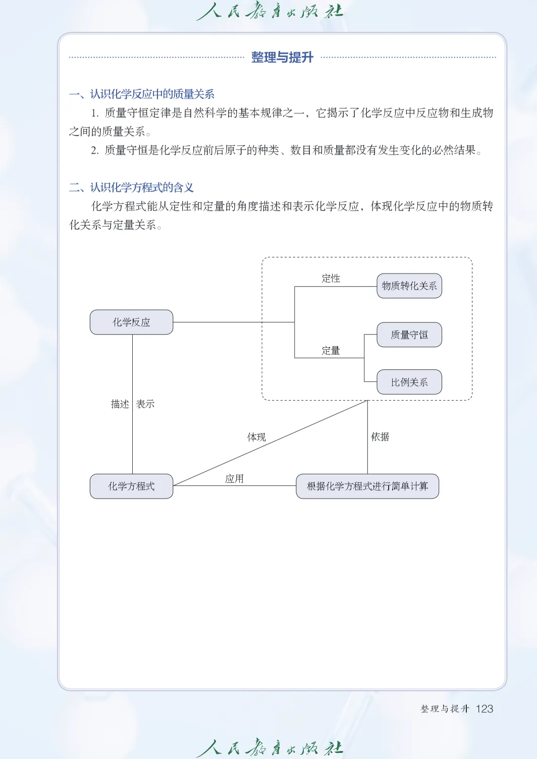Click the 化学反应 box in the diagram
[131, 322]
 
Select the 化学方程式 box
[131, 486]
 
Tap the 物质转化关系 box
[409, 286]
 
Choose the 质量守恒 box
[409, 335]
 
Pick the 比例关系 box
[409, 382]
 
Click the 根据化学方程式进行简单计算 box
[367, 486]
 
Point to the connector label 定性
[331, 278]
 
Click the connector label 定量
[331, 350]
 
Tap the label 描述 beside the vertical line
[120, 404]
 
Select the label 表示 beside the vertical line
[145, 404]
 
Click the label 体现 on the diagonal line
[256, 437]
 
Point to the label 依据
[380, 437]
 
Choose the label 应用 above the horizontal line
[234, 478]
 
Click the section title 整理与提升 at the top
[282, 58]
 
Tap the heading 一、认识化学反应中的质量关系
[142, 94]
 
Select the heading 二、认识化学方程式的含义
[131, 188]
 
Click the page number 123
[484, 709]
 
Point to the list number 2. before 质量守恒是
[95, 150]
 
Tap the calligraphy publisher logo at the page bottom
[270, 747]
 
